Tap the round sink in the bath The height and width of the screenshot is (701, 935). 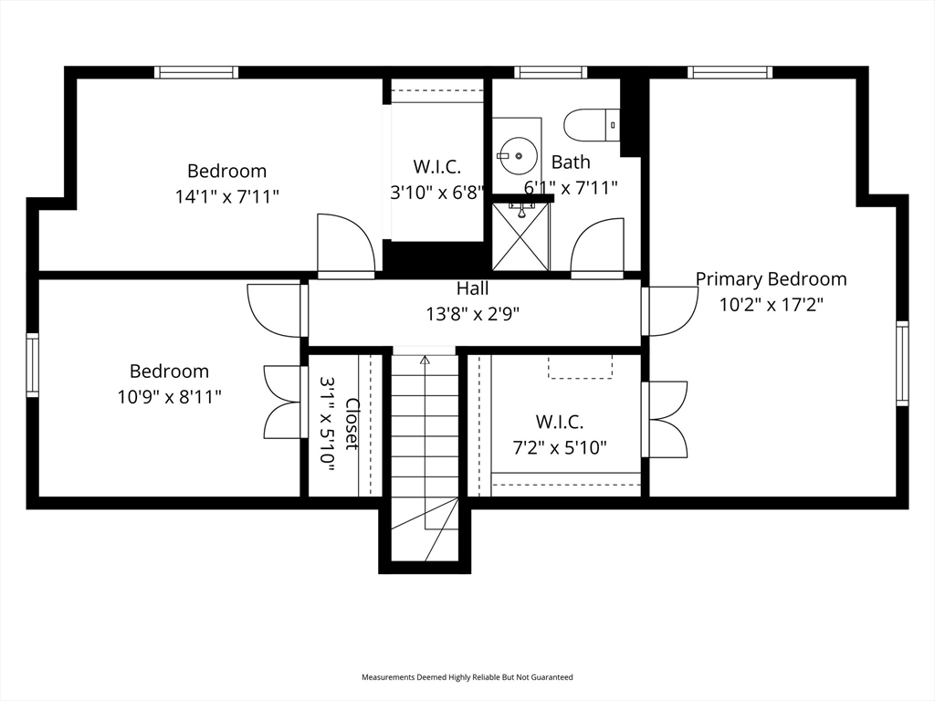519,155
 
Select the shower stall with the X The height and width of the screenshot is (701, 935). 520,236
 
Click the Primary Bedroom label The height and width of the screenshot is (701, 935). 771,279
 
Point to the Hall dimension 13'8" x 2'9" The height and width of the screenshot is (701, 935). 473,314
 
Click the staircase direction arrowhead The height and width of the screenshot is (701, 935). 425,360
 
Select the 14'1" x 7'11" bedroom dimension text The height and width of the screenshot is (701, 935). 227,196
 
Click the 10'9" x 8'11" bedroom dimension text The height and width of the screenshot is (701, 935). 169,396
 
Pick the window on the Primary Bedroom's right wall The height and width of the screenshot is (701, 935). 902,363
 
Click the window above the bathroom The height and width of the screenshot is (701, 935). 551,72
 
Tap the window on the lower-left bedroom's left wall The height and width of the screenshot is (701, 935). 32,365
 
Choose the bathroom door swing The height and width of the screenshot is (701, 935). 597,248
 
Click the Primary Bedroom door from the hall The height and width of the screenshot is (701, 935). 670,311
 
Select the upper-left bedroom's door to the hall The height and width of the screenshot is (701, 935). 346,246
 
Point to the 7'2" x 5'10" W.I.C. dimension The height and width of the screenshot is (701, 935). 560,447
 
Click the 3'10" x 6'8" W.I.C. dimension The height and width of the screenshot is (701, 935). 437,193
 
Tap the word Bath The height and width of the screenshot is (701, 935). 571,162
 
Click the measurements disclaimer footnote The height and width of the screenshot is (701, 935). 467,677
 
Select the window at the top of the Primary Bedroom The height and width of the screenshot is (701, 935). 730,72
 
